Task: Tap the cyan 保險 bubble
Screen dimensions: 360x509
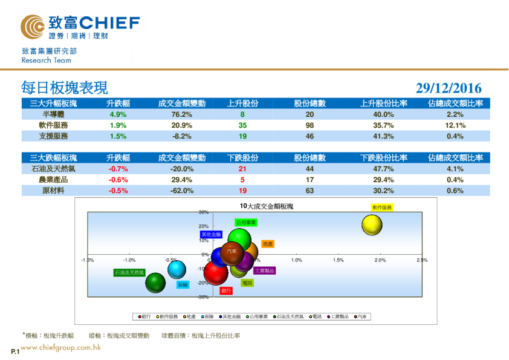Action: pos(177,269)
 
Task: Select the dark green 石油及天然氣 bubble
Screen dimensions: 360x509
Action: pos(155,283)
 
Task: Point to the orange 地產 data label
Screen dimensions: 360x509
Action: pos(268,244)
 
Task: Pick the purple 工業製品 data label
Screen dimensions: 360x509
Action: pos(264,270)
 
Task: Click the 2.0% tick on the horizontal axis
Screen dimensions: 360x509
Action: pos(380,260)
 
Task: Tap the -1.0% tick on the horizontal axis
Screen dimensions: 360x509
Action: pos(129,260)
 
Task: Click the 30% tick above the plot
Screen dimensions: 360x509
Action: pos(204,212)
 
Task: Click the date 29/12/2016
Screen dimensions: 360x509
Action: pos(449,88)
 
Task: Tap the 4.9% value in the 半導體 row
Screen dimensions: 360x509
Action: pos(117,114)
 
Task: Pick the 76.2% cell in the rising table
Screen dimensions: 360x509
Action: pos(182,114)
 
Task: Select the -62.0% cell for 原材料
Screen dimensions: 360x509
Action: pos(182,191)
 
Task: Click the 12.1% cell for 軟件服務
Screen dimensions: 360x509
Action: pos(455,125)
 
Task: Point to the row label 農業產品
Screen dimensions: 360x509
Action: pos(53,180)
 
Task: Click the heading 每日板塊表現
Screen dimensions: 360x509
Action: pos(64,88)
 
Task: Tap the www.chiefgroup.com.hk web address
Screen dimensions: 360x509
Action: pos(60,348)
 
